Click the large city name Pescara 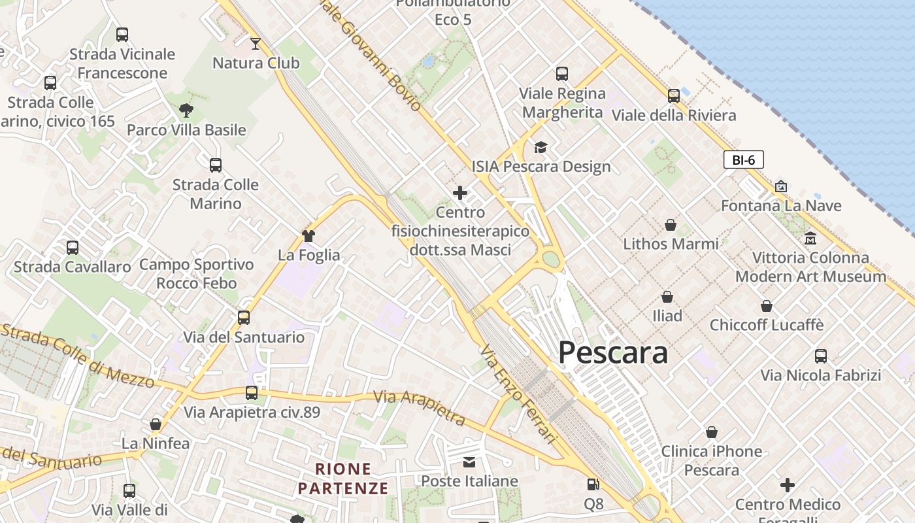(613, 353)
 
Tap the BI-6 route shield (743, 160)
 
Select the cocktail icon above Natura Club (256, 44)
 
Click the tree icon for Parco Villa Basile (186, 110)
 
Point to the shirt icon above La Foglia (308, 235)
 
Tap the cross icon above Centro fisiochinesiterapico (460, 193)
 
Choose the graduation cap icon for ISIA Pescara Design (541, 147)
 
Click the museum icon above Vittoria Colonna (810, 238)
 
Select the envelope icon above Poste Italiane (469, 462)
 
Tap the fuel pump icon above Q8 (593, 484)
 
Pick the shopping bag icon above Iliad (667, 297)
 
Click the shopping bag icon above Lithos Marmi (671, 225)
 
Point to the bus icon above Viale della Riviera (674, 96)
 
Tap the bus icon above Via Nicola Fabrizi (821, 356)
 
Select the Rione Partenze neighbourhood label (343, 479)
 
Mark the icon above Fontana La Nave (780, 186)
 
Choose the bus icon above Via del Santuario (244, 318)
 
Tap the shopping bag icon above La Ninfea (156, 424)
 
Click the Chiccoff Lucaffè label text (767, 325)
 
